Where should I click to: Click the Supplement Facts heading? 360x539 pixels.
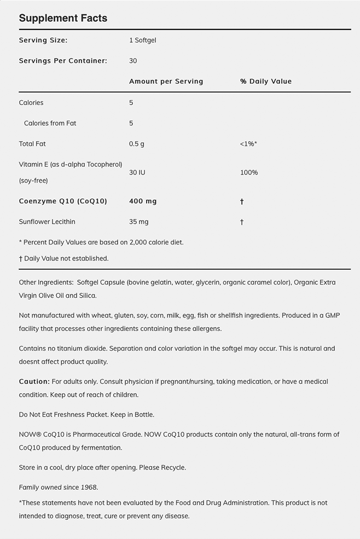[63, 18]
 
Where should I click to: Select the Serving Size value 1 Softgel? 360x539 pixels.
[143, 40]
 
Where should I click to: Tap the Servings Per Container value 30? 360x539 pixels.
[133, 61]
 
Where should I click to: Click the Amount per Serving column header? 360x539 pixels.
[166, 81]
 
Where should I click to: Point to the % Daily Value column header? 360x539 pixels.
[266, 81]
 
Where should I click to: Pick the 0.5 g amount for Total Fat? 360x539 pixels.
[137, 144]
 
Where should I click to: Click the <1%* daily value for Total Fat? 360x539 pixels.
[248, 144]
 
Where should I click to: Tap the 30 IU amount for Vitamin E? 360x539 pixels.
[137, 172]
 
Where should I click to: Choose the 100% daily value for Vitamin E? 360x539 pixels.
[249, 172]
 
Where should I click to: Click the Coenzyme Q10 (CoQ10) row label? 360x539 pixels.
[63, 201]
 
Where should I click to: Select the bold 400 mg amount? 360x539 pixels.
[143, 201]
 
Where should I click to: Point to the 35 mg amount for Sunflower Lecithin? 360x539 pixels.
[139, 222]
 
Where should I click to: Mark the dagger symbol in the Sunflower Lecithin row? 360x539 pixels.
[242, 222]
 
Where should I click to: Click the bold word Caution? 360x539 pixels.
[34, 381]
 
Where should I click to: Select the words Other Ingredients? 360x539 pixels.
[46, 282]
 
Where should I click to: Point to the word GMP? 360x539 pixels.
[333, 316]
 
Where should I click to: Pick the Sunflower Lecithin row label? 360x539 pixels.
[47, 222]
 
